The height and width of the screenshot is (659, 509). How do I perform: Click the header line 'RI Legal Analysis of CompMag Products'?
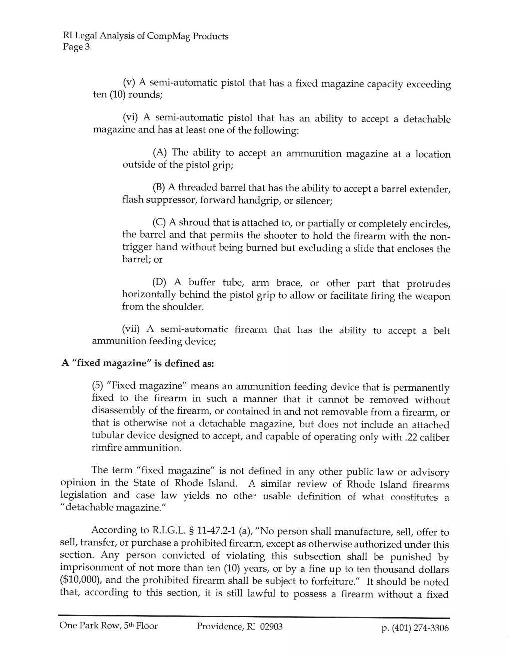(145, 36)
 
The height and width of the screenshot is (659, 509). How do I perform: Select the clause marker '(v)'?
(129, 82)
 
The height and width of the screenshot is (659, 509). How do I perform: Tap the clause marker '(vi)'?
(130, 117)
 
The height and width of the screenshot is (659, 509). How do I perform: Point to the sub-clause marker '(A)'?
(161, 152)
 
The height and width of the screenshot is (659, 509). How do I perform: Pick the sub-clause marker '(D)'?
(160, 282)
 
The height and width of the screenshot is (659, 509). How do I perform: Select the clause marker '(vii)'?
(132, 329)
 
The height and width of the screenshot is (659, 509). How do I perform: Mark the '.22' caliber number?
(410, 437)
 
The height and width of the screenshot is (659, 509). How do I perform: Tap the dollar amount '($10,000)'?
(80, 580)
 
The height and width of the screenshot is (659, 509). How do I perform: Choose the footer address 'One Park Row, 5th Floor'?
(108, 626)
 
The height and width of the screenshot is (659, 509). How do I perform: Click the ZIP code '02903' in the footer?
(271, 626)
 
